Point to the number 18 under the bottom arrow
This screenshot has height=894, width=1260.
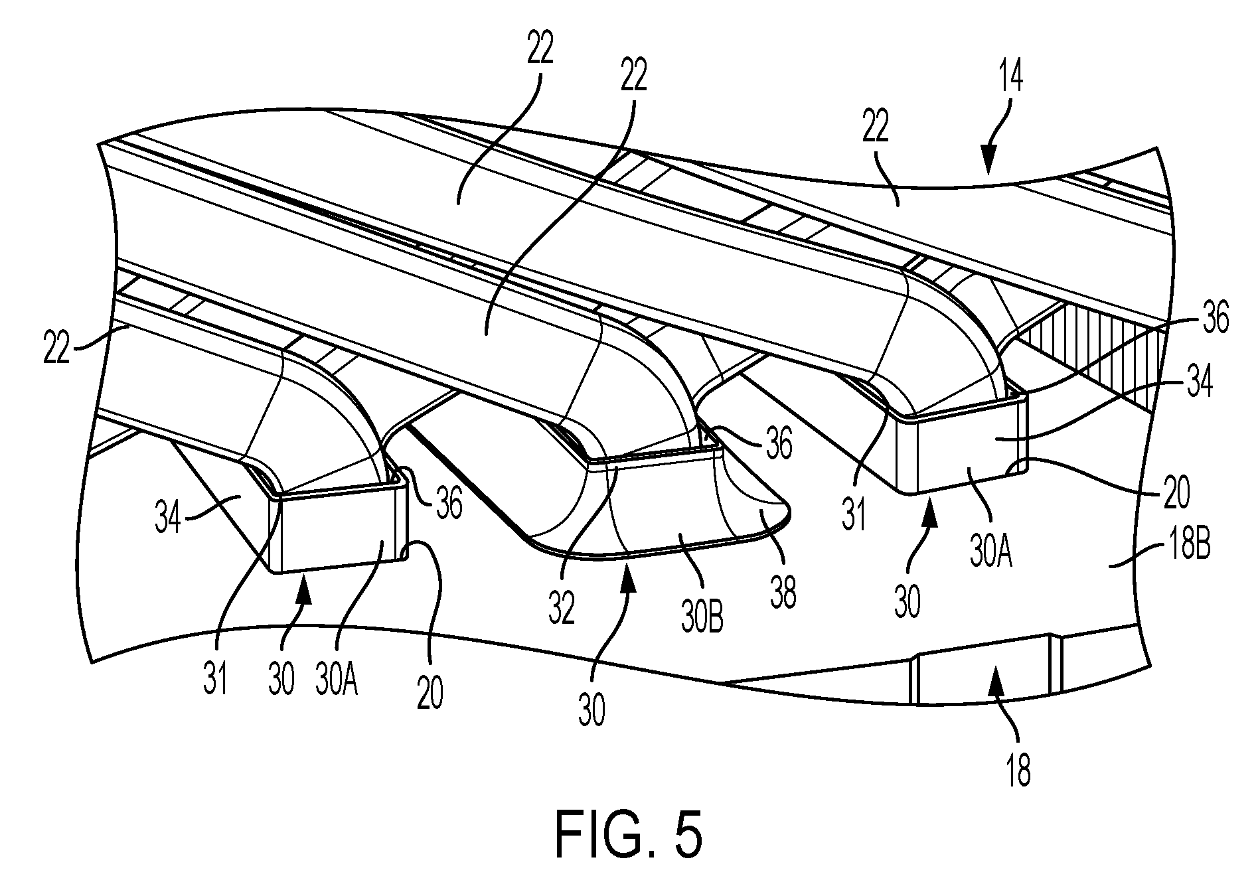click(x=1018, y=771)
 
